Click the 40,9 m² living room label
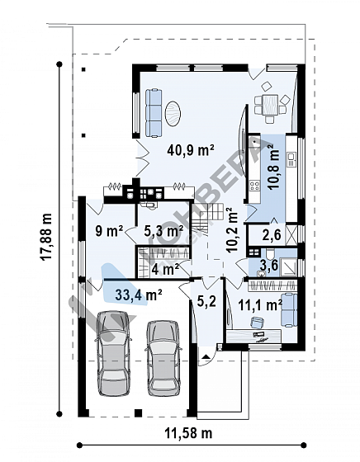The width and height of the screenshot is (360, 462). coord(190,150)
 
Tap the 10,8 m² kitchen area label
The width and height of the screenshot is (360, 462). coord(272,168)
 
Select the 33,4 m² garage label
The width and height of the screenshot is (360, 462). coord(139,295)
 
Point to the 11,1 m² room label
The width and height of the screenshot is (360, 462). coord(260,305)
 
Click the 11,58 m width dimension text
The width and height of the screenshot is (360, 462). coord(188,433)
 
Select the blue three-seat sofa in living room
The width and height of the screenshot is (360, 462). coord(154,114)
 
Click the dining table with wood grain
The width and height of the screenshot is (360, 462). coord(271,105)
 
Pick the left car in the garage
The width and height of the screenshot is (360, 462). coord(113,353)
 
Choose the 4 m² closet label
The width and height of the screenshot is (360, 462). coord(165,269)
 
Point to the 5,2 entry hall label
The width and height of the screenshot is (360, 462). coord(206,301)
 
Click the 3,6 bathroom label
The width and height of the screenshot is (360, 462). coord(268,265)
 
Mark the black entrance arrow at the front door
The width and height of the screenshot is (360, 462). coord(206,356)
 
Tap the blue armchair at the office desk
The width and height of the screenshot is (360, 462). coord(257,322)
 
